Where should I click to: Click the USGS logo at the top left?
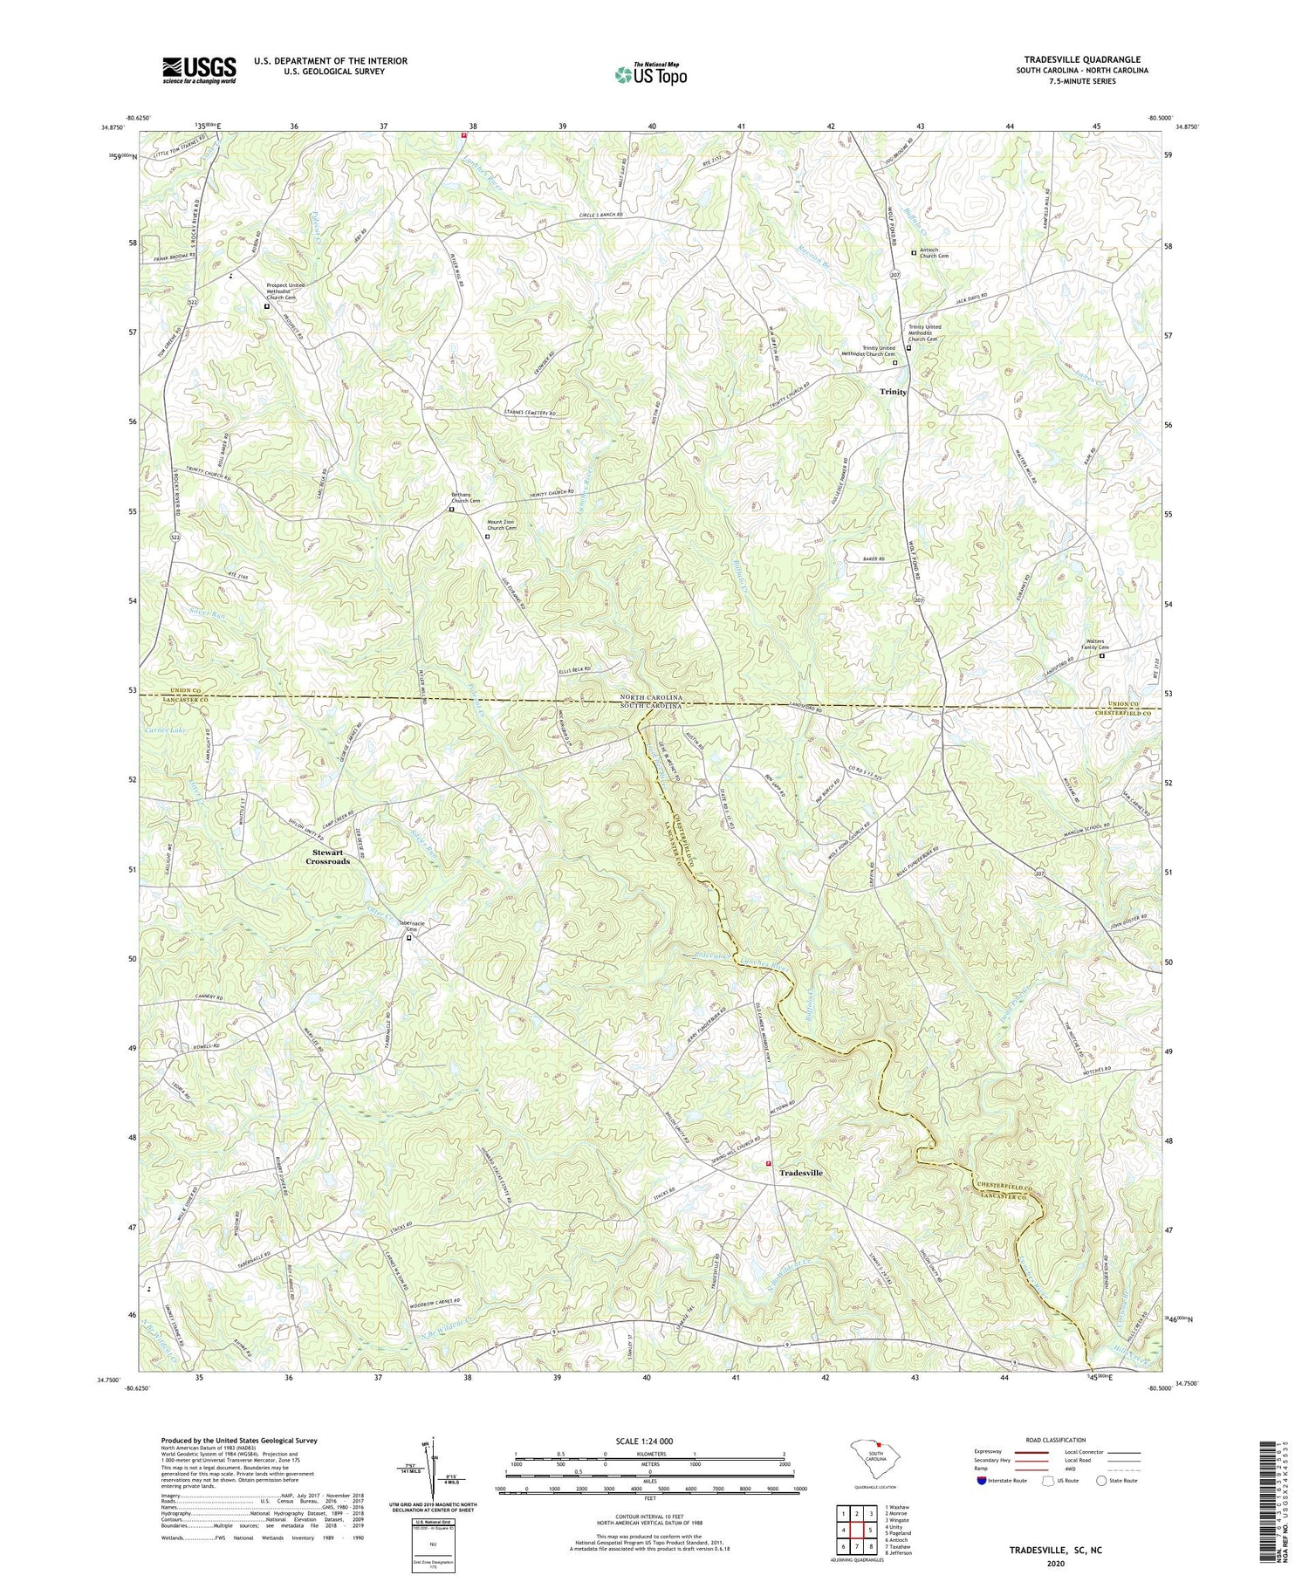tap(199, 70)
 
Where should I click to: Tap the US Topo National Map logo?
tap(650, 74)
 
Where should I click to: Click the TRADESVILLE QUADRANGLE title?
tap(1082, 59)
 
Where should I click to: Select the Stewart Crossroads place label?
tap(327, 856)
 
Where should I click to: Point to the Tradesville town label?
tap(800, 1173)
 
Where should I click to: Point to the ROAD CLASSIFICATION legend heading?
tap(1055, 1440)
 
